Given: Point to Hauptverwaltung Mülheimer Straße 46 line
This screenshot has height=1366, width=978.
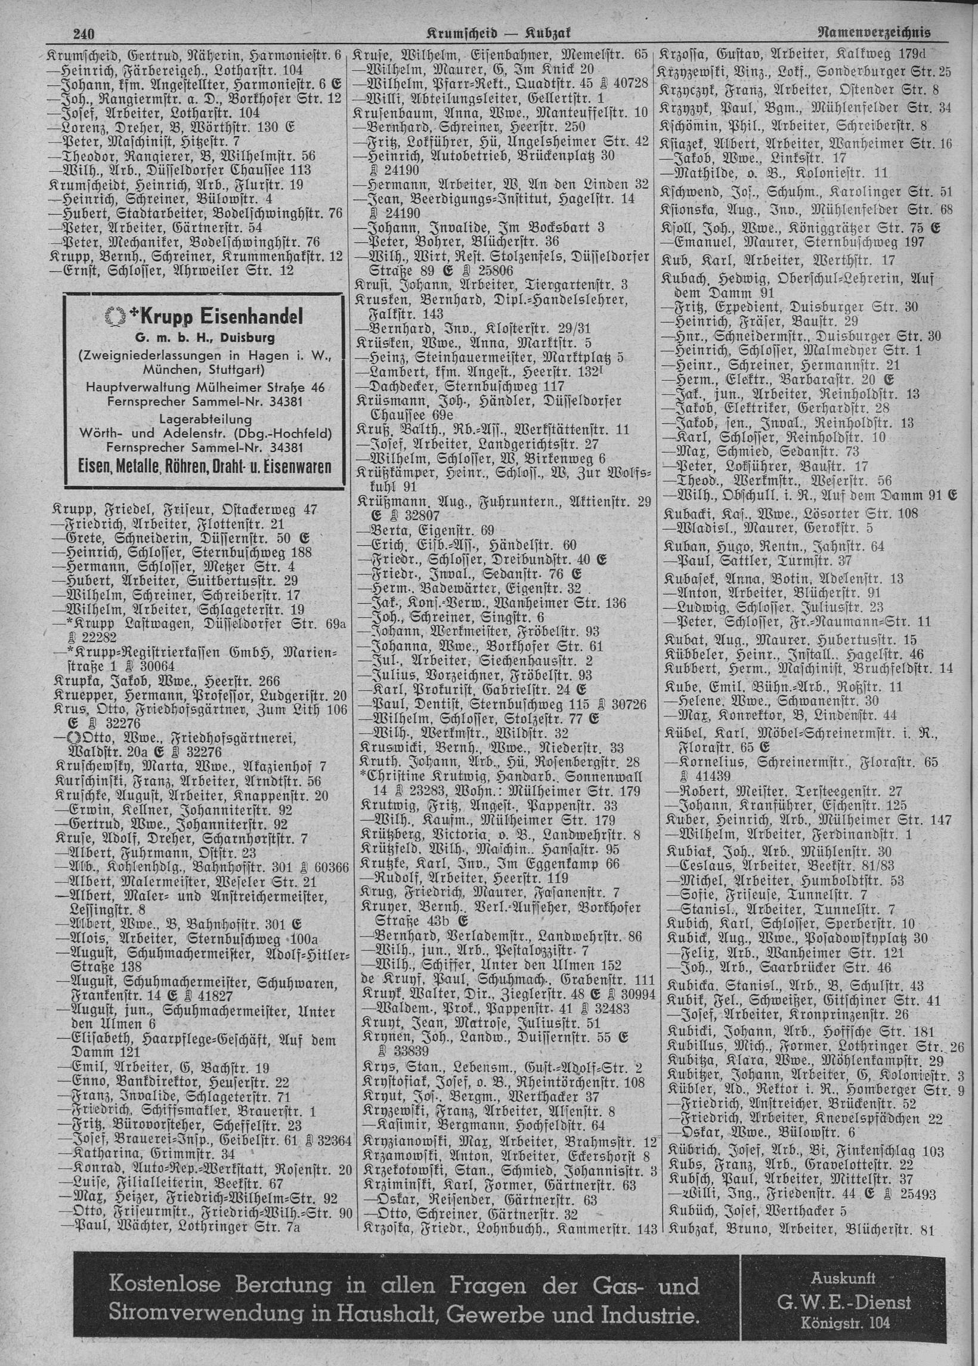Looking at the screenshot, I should point(204,387).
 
